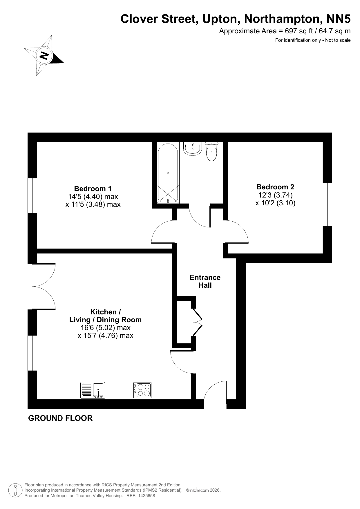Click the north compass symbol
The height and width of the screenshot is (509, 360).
tap(44, 55)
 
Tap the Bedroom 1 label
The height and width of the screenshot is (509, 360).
tap(93, 189)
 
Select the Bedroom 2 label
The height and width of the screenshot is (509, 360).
tap(275, 187)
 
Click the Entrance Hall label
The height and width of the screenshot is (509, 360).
tap(205, 281)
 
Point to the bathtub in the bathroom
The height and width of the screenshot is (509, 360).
tap(168, 173)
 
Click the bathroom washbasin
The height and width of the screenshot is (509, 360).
tap(192, 148)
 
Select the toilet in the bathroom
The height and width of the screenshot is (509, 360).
tap(211, 151)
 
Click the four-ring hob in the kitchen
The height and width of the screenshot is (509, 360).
tap(142, 390)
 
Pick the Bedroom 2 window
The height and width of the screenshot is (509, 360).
tap(328, 204)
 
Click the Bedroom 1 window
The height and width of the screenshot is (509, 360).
tap(32, 196)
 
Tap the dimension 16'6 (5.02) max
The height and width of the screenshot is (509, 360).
tap(106, 328)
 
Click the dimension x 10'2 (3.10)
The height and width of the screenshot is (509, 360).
tap(275, 203)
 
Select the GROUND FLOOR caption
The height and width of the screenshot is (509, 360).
tap(60, 418)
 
